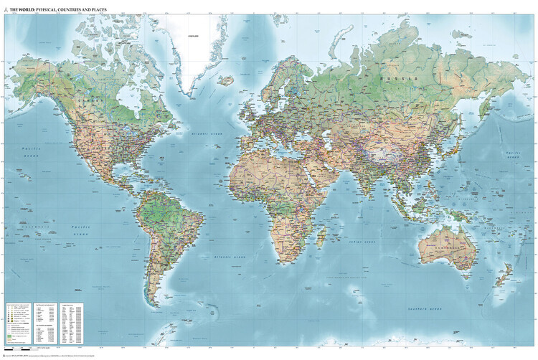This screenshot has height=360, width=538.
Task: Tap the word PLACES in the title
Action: [96, 9]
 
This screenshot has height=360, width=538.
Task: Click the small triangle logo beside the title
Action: [5, 9]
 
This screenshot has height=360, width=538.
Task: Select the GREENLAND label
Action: [192, 35]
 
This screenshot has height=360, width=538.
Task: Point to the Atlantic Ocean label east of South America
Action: [229, 257]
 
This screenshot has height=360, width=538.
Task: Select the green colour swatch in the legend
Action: [10, 336]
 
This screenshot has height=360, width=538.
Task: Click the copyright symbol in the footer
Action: [4, 356]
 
